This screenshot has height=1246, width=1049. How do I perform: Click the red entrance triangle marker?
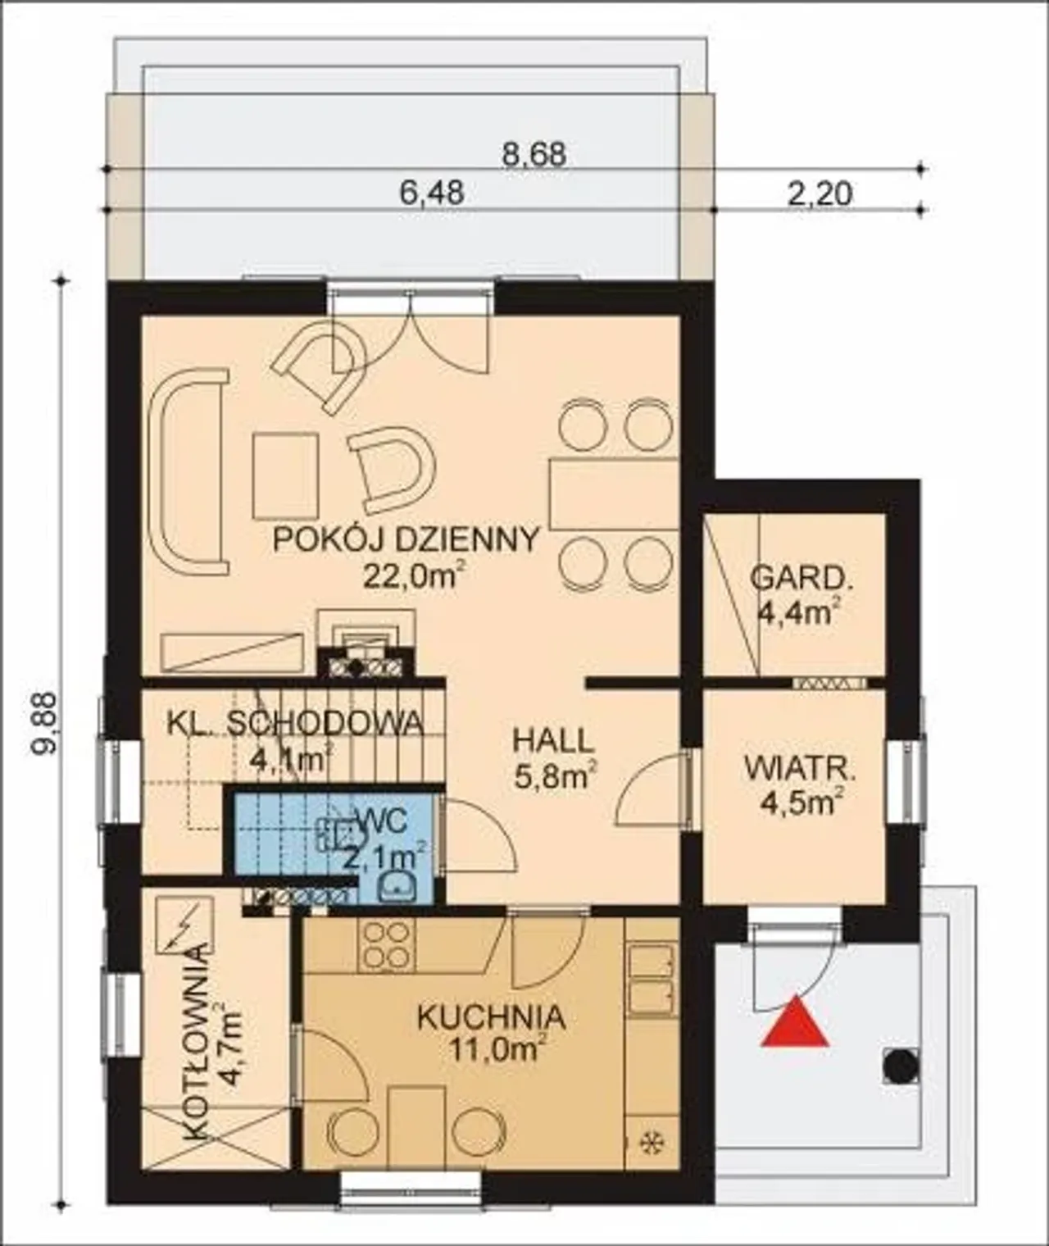pos(796,1022)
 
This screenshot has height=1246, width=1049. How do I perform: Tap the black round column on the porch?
pos(901,1066)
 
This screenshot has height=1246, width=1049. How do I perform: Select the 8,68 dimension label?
pos(533,156)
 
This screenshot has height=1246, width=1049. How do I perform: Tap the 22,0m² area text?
pos(413,575)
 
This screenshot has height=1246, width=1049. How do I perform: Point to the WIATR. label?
pos(800,769)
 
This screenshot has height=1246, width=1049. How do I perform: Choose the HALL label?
pos(554,741)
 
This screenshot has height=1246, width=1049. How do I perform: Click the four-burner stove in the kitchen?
pos(385,944)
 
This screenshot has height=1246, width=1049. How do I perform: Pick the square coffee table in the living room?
pos(285,475)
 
